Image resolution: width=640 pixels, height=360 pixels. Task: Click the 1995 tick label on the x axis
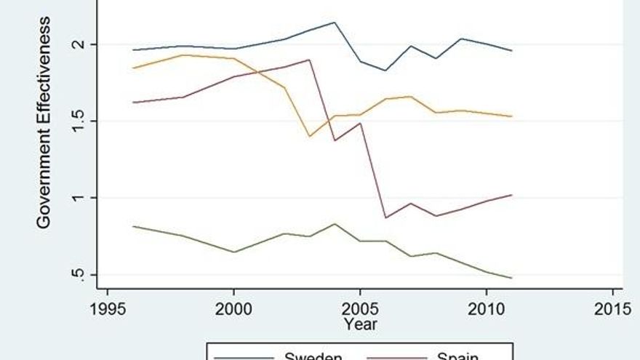tap(108, 308)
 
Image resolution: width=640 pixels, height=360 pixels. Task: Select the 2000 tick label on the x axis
tap(233, 308)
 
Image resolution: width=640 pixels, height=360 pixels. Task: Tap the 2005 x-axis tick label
tap(360, 308)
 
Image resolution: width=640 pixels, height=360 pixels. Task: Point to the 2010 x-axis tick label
tap(486, 308)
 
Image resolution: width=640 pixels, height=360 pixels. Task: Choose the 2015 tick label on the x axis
tap(612, 308)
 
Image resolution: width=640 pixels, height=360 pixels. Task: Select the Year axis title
tap(361, 324)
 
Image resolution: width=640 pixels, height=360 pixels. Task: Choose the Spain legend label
tap(457, 356)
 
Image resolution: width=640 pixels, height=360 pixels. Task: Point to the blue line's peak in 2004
tap(335, 23)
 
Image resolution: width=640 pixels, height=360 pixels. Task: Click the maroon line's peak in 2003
tap(309, 60)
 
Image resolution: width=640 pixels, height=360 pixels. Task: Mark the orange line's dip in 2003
tap(309, 136)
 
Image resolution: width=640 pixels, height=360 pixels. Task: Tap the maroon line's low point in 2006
tap(385, 217)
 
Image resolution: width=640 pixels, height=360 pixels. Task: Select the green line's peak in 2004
tap(335, 224)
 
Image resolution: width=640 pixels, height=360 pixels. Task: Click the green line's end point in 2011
tap(511, 278)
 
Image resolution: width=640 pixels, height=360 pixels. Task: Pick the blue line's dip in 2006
tap(385, 71)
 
